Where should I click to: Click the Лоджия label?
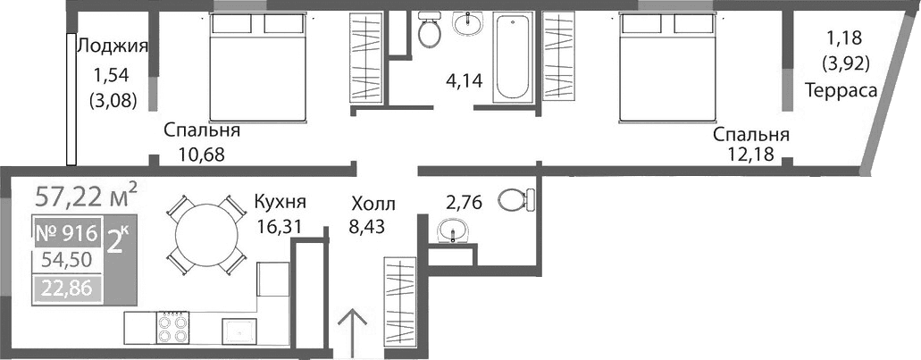(112, 46)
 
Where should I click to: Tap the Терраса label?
(839, 89)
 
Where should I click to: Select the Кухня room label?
(280, 201)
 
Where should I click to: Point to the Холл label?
(372, 203)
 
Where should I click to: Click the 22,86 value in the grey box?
(65, 287)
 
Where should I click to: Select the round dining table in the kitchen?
(206, 234)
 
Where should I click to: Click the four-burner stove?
(172, 326)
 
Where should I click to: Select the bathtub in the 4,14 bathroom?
(513, 56)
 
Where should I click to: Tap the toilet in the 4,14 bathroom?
(430, 30)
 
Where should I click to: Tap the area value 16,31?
(278, 226)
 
